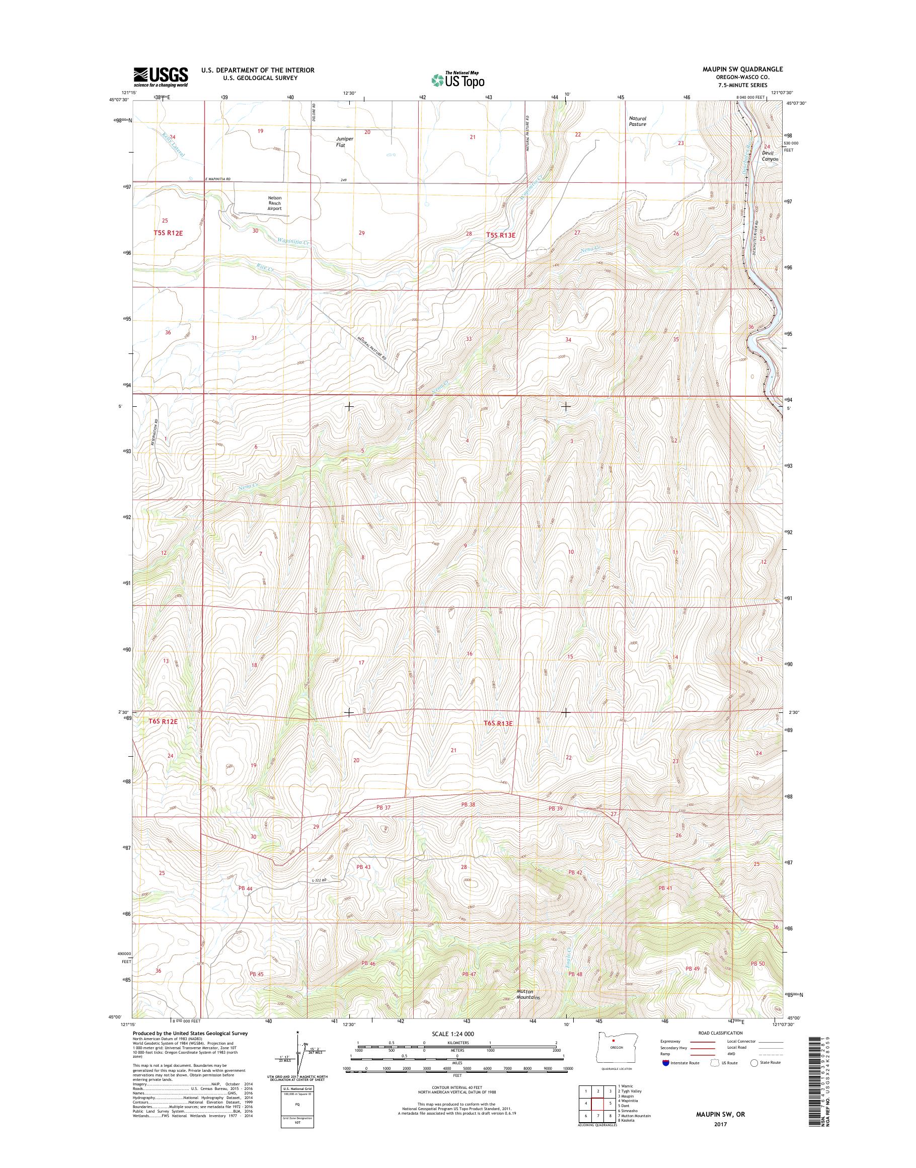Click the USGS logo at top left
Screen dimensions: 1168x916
point(161,77)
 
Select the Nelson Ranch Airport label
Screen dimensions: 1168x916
point(275,203)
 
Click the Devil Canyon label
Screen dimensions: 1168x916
point(770,156)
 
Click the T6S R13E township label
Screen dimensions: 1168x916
point(498,723)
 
